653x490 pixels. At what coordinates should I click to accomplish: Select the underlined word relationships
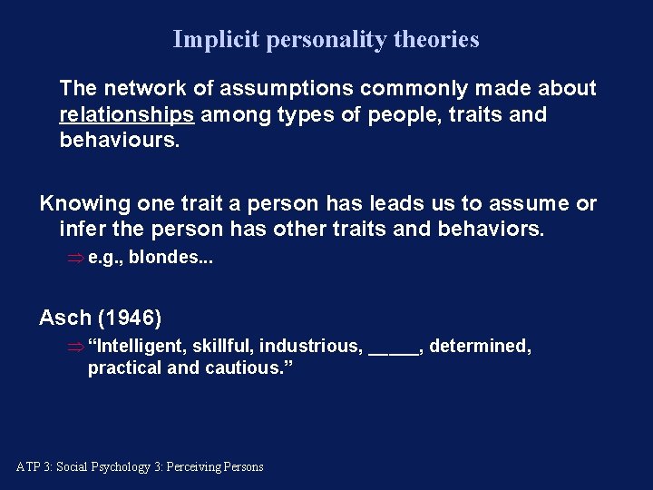point(126,115)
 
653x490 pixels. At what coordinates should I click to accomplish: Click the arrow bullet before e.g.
point(75,258)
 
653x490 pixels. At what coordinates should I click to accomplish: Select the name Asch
point(65,318)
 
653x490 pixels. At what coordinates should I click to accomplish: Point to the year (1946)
point(130,318)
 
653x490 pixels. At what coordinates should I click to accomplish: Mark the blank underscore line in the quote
point(395,349)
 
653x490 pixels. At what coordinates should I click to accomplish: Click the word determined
point(479,347)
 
